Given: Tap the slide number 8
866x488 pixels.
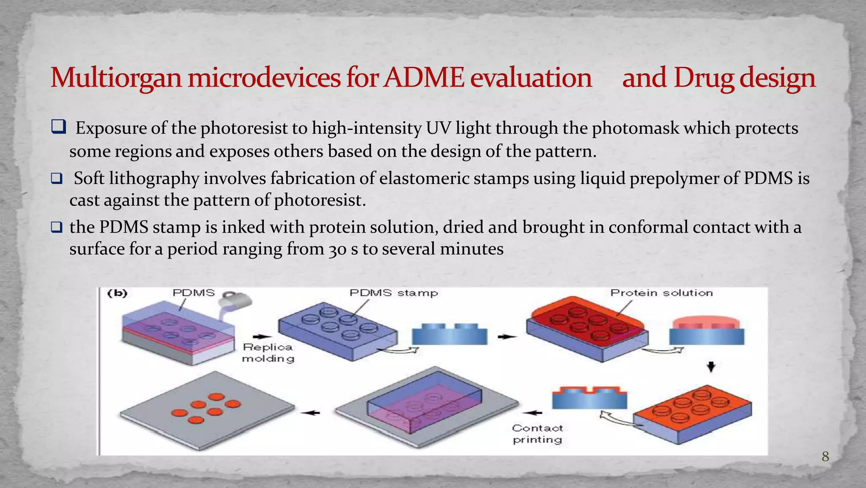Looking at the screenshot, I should pyautogui.click(x=825, y=456).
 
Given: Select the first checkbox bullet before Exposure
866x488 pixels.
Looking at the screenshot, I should pyautogui.click(x=58, y=127).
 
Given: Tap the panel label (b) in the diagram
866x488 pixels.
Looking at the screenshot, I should pyautogui.click(x=117, y=293).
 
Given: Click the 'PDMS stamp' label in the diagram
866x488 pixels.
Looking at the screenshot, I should pyautogui.click(x=394, y=293).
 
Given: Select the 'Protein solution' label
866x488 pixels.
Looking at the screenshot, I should pyautogui.click(x=661, y=293).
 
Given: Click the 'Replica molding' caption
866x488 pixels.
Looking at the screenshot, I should pyautogui.click(x=268, y=353).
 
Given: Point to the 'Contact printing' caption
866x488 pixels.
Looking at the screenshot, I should pyautogui.click(x=537, y=434).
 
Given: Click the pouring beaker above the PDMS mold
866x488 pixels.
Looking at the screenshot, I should pyautogui.click(x=237, y=301).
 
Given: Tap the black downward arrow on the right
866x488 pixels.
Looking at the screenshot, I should pyautogui.click(x=711, y=367).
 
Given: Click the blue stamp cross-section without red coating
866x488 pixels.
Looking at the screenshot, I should pyautogui.click(x=449, y=334).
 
